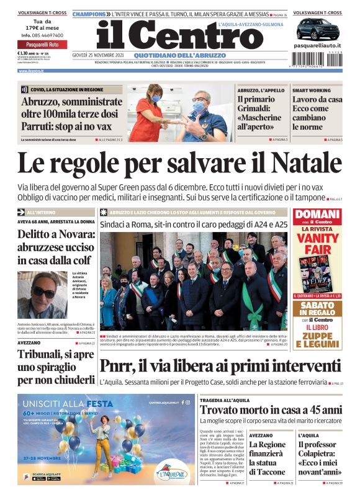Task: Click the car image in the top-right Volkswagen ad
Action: click(x=317, y=29)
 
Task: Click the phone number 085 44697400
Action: click(x=42, y=35)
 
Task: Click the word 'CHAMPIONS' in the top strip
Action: click(x=89, y=13)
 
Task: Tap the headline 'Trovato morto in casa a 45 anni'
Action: click(x=271, y=410)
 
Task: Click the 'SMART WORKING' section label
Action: click(x=312, y=90)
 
